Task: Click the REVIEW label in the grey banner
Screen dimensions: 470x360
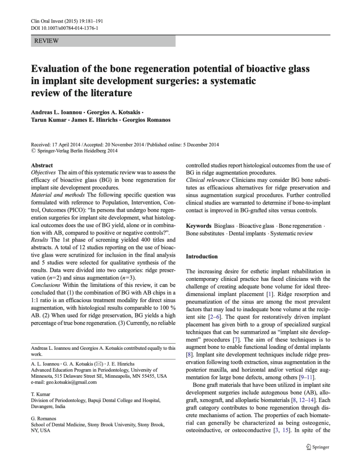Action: [47, 41]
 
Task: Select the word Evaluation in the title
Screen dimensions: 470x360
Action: [57, 69]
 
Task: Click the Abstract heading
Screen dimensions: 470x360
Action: [42, 165]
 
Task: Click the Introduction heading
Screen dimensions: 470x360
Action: [202, 256]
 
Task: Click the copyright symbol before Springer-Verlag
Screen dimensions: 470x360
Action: [33, 150]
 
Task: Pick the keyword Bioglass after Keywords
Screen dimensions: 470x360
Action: [224, 226]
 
